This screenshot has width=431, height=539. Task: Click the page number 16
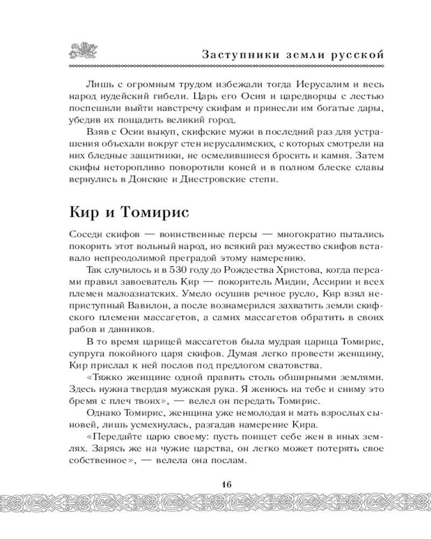pyautogui.click(x=225, y=483)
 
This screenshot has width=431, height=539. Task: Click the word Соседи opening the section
pyautogui.click(x=85, y=235)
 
